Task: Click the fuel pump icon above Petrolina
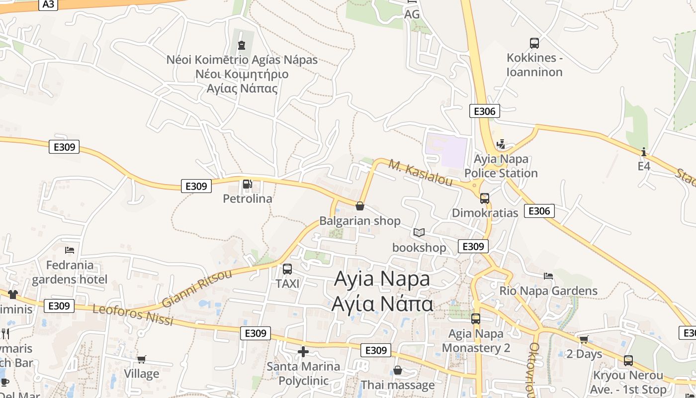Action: (x=247, y=185)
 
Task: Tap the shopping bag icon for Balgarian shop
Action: (x=360, y=206)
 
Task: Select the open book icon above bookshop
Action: (x=419, y=232)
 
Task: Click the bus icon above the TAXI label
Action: (x=287, y=269)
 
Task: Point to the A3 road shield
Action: (x=48, y=4)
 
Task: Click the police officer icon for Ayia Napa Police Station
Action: (x=501, y=144)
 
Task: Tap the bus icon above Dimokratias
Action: (x=485, y=199)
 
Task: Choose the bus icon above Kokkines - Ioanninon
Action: (x=534, y=43)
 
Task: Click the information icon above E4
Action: (x=644, y=152)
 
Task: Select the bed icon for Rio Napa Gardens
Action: (x=548, y=276)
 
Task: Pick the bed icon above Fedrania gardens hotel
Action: (x=70, y=250)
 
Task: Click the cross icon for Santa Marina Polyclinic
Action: (x=303, y=352)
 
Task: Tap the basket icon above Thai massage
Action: (x=398, y=370)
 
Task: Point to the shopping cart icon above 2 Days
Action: (x=584, y=340)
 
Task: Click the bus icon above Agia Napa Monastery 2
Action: (x=476, y=319)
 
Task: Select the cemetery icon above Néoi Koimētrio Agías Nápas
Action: (x=242, y=45)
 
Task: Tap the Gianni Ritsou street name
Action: (x=197, y=289)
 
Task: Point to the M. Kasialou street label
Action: (x=421, y=172)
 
